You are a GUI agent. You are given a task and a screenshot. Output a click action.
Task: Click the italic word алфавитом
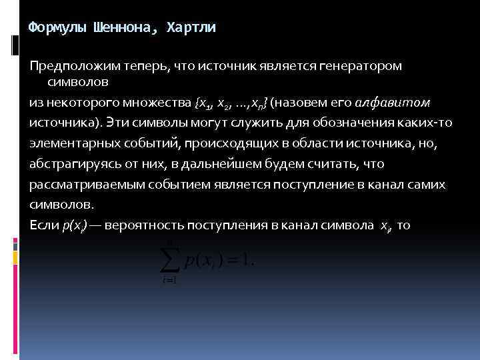(x=393, y=104)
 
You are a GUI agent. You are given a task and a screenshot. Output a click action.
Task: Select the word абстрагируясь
(x=71, y=164)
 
